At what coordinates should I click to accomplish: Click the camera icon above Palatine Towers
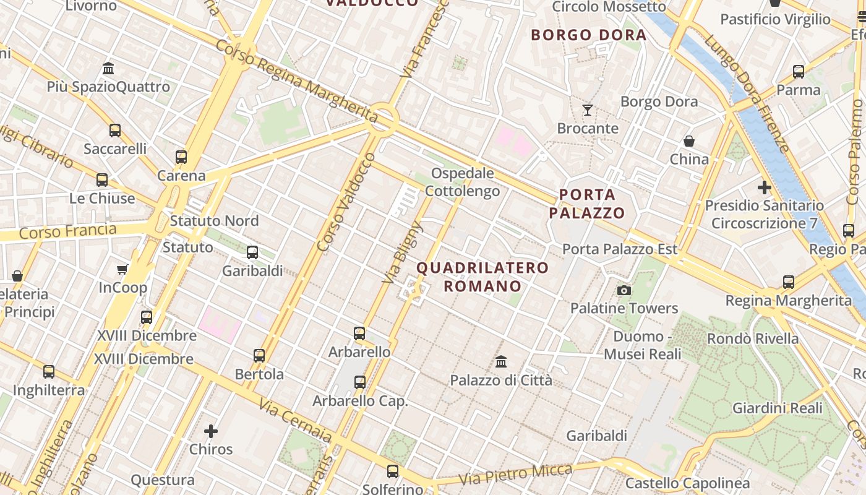[x=624, y=290]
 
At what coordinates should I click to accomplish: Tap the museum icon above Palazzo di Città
[x=501, y=361]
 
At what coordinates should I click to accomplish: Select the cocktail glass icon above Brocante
[x=588, y=110]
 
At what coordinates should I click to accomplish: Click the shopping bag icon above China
[x=688, y=141]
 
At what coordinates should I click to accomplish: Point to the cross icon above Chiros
[x=211, y=431]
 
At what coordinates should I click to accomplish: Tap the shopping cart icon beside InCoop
[x=122, y=269]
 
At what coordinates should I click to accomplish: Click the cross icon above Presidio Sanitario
[x=765, y=187]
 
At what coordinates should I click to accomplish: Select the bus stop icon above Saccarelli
[x=115, y=131]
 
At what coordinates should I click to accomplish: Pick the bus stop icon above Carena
[x=181, y=157]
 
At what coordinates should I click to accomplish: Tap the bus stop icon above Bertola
[x=259, y=356]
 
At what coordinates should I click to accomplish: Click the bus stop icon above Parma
[x=799, y=72]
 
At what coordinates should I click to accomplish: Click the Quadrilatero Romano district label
[x=482, y=277]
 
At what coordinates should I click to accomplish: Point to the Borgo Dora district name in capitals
[x=589, y=35]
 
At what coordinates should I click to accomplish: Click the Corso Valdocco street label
[x=346, y=202]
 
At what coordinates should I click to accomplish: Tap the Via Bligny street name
[x=401, y=253]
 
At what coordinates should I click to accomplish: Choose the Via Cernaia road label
[x=296, y=421]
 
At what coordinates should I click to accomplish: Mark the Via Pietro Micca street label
[x=516, y=475]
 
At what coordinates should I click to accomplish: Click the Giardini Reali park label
[x=778, y=408]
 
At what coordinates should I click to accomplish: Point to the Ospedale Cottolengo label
[x=463, y=183]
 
